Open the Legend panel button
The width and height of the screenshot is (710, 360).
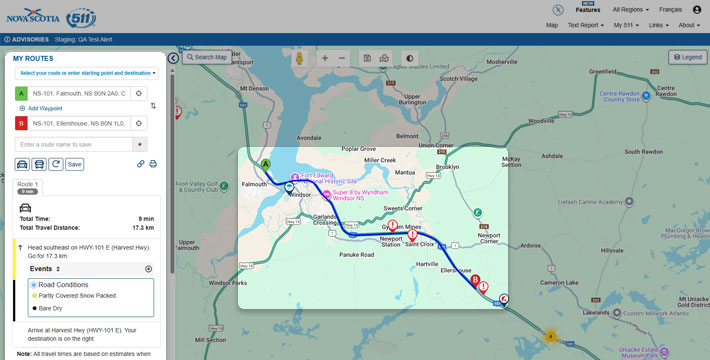[688, 58]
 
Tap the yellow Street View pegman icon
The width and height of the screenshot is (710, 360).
[297, 58]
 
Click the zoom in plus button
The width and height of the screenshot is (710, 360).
[324, 58]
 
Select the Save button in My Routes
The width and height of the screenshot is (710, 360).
[75, 164]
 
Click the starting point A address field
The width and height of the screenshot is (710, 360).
[79, 93]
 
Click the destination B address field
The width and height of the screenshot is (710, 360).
[79, 123]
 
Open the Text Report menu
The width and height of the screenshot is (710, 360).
[585, 25]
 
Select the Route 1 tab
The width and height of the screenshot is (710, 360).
[28, 185]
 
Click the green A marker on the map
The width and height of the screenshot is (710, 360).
[266, 164]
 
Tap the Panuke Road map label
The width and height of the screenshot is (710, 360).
[356, 255]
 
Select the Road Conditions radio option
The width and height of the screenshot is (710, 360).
[34, 285]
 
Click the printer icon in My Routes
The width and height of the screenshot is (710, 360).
[153, 164]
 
